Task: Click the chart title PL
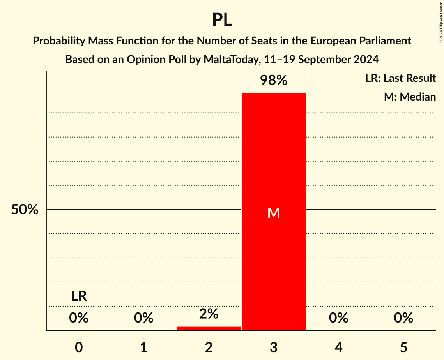coord(222,19)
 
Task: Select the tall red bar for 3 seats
coord(274,156)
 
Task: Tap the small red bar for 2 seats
coord(209,328)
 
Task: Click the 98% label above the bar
coord(274,81)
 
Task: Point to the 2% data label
coord(209,314)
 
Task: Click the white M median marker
coord(274,213)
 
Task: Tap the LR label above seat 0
coord(79,296)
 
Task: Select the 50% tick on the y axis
coord(25,210)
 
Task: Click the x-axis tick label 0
coord(79,347)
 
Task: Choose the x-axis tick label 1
coord(144,347)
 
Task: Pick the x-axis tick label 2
coord(209,347)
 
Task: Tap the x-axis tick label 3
coord(274,347)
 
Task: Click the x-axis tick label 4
coord(338,347)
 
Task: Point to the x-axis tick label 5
coord(403,347)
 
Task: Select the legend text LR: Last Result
coord(400,78)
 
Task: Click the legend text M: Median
coord(410,97)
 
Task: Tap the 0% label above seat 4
coord(338,318)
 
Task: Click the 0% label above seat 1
coord(144,318)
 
